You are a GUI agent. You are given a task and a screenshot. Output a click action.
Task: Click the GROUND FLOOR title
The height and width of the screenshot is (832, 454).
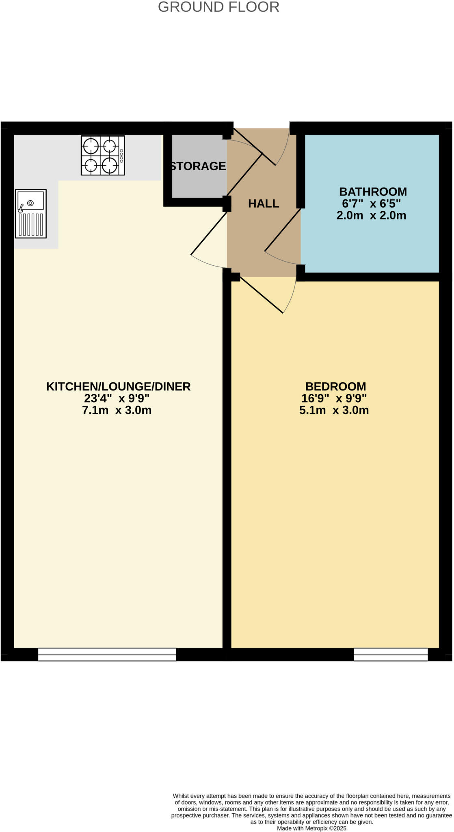tap(218, 7)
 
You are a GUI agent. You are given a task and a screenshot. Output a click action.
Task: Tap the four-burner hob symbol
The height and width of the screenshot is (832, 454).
tap(103, 155)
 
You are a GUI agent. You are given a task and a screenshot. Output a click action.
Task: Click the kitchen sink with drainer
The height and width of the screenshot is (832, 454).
tap(31, 214)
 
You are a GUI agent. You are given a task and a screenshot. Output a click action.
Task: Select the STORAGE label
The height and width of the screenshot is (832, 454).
tap(198, 166)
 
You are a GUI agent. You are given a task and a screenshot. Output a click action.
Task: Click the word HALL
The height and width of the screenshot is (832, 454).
tap(264, 204)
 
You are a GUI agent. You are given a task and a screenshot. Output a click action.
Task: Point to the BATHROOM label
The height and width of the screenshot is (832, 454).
tap(373, 191)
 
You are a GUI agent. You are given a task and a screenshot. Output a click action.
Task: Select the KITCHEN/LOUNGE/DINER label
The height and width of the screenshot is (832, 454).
tap(118, 386)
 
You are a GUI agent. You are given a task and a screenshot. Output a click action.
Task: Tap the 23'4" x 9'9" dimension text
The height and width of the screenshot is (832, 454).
tap(117, 398)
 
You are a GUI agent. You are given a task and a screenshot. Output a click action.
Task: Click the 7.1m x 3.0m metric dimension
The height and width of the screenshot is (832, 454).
tap(117, 410)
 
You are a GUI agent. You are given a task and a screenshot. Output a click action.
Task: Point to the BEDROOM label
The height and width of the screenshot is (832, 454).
tap(335, 386)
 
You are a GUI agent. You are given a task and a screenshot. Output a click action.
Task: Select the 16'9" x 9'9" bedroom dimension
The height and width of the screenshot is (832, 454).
tap(334, 398)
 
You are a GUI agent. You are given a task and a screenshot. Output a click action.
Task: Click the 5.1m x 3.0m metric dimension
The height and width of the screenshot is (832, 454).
tap(334, 410)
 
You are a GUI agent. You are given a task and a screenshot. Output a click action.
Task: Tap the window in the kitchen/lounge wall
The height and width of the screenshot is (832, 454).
tap(107, 654)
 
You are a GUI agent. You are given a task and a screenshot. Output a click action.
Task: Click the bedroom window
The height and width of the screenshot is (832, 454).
tap(391, 654)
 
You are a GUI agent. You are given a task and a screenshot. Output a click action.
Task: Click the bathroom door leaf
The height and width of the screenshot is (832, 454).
tap(282, 230)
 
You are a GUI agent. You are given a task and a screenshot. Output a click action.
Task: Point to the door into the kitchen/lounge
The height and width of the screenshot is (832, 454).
tap(208, 234)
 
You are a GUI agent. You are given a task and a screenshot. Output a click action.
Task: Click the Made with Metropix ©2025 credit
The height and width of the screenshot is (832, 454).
tap(311, 828)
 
